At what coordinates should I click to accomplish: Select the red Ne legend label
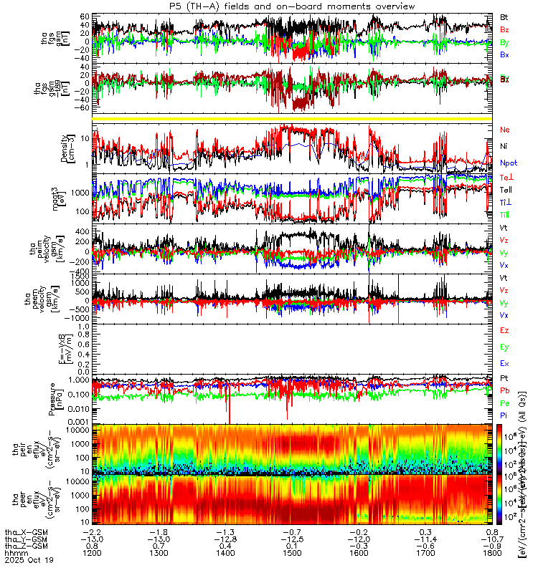click(x=504, y=130)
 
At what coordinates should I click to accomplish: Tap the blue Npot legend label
click(x=508, y=163)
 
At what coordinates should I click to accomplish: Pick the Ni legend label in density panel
click(x=504, y=146)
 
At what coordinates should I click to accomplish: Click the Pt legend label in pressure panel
click(x=504, y=377)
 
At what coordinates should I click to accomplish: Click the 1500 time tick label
click(x=292, y=554)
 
